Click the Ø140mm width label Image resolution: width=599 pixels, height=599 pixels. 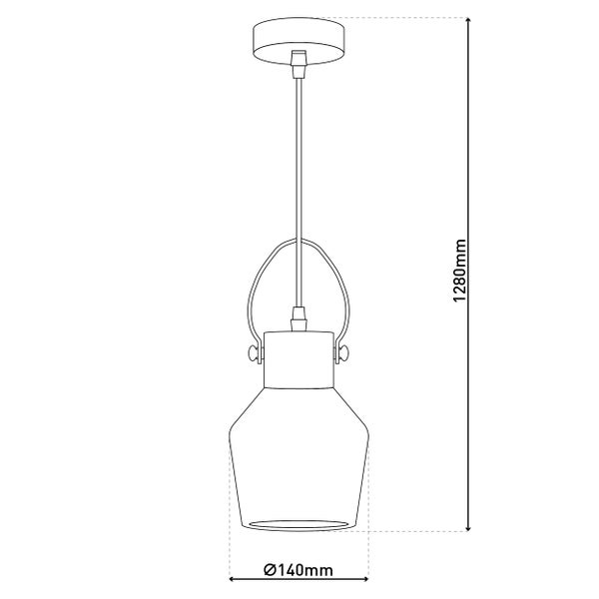(x=299, y=572)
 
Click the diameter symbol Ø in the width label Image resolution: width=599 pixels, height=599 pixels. (x=271, y=572)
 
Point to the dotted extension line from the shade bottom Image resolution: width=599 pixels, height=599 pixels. (x=419, y=530)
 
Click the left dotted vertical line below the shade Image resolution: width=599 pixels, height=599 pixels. (x=231, y=554)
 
